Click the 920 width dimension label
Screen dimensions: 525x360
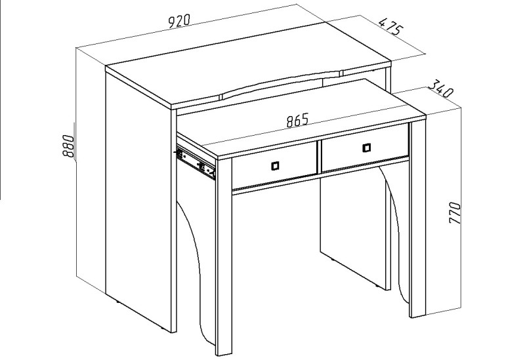coord(178,21)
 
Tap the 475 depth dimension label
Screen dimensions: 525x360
coord(389,26)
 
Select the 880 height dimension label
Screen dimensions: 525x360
coord(68,146)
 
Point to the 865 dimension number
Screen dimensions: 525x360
coord(297,121)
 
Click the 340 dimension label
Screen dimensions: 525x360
coord(440,89)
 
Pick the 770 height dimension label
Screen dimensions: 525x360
coord(455,213)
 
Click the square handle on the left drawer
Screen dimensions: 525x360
coord(275,166)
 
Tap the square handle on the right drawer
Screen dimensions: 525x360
coord(367,148)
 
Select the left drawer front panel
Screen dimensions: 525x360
coord(274,166)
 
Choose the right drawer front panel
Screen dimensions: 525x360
coord(365,148)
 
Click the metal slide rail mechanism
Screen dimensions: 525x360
coord(196,162)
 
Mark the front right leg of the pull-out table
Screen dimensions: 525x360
coord(418,219)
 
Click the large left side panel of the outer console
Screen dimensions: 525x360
coord(138,201)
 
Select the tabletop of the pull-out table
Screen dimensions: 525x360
coord(301,118)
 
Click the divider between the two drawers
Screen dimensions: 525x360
coord(320,157)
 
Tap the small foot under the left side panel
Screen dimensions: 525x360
coord(117,302)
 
